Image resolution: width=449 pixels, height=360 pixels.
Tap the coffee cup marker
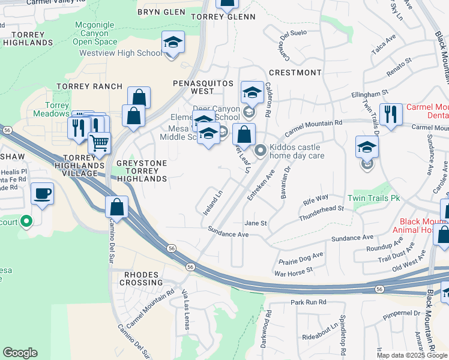pos(42,194)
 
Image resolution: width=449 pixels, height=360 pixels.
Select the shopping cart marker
pos(99,143)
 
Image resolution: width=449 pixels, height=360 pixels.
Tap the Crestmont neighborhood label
pos(298,73)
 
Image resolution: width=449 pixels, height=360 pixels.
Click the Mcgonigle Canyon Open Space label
pos(95,34)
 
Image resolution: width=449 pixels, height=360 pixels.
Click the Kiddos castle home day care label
pos(295,151)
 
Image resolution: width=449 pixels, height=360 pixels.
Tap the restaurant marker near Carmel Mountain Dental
pos(391,114)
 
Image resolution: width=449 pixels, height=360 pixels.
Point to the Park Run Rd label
pos(308,302)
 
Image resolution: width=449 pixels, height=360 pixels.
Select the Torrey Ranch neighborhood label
pos(89,86)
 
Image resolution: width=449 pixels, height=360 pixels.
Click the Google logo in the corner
pos(20,353)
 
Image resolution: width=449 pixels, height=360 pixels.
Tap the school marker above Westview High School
pos(173,43)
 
